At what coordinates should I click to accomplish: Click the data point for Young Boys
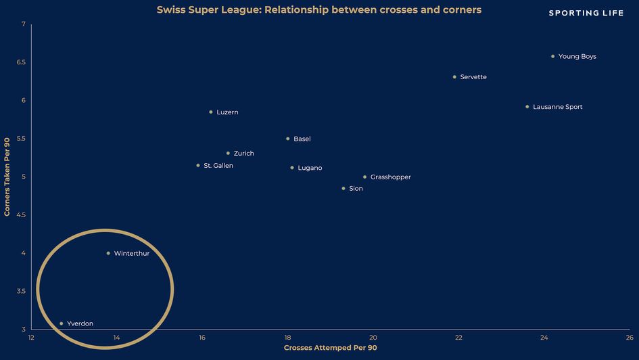click(552, 56)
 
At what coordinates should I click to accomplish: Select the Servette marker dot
click(454, 76)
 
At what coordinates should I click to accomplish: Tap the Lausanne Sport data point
click(527, 106)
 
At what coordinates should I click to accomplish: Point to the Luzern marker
click(211, 112)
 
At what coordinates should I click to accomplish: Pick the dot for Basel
click(287, 139)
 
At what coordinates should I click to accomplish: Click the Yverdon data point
click(62, 323)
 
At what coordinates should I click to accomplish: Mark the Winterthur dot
click(108, 253)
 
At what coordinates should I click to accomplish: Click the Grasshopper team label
click(390, 177)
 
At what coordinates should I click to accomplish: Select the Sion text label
click(356, 189)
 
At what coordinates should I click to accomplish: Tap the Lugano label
click(310, 168)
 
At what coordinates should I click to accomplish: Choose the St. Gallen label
click(218, 166)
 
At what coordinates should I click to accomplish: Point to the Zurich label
click(243, 154)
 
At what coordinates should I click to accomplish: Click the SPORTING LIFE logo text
click(586, 13)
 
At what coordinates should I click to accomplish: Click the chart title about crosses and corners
click(319, 11)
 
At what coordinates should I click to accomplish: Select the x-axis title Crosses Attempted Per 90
click(330, 348)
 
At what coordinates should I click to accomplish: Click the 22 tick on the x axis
click(458, 337)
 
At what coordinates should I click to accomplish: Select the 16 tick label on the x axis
click(202, 337)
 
